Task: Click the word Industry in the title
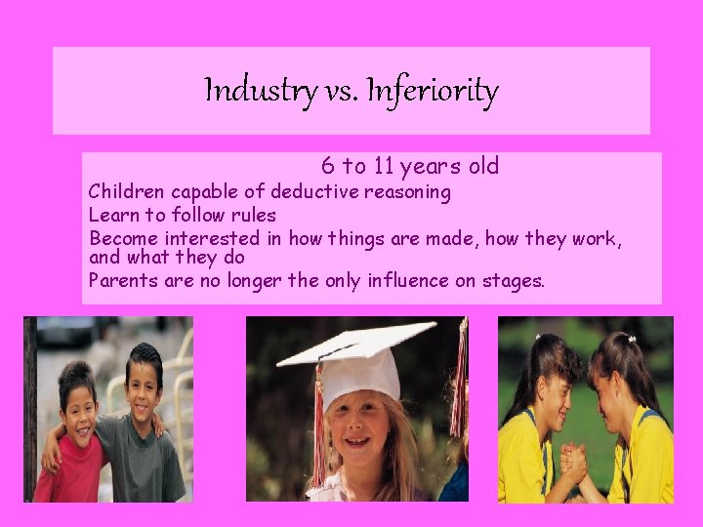pos(259,92)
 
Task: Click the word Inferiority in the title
pos(436,92)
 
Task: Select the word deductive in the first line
pos(316,191)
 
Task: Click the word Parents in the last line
pos(121,281)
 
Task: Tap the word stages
pos(515,282)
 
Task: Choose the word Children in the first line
pos(126,191)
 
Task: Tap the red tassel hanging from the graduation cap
pos(317,429)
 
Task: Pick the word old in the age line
pos(480,167)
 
